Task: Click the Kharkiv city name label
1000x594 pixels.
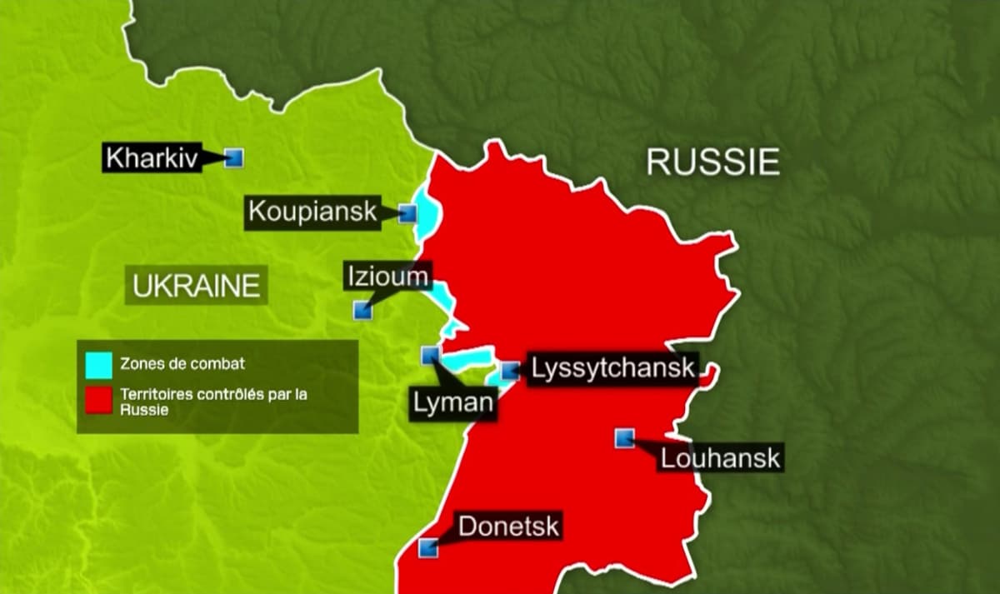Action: (x=153, y=158)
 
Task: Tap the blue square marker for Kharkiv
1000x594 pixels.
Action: (x=234, y=157)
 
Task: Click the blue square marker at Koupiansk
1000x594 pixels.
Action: (x=407, y=213)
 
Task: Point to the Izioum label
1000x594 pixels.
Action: (x=387, y=276)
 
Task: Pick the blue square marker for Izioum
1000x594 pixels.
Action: (x=362, y=310)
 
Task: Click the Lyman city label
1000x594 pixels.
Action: (x=452, y=403)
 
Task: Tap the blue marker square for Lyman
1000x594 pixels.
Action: (x=430, y=355)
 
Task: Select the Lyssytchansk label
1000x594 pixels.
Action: (x=612, y=369)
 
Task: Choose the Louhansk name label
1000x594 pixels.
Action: (x=720, y=457)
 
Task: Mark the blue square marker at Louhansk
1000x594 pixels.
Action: (x=623, y=437)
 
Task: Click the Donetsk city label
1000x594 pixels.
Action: (x=508, y=527)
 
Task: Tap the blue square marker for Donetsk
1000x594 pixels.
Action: (x=427, y=547)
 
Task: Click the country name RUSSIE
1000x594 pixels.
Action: (x=712, y=162)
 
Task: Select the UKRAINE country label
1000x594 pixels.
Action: (x=197, y=287)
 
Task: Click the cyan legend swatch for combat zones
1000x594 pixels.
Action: (x=98, y=364)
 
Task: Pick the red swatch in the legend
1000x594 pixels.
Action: (x=98, y=400)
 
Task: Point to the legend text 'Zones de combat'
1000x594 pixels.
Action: (x=183, y=364)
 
